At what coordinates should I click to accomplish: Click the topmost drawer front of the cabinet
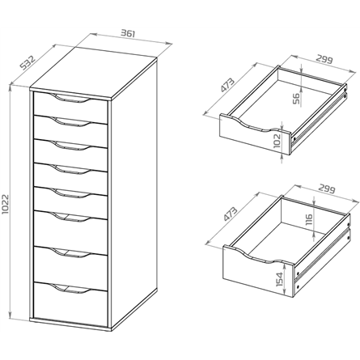coord(70,108)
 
